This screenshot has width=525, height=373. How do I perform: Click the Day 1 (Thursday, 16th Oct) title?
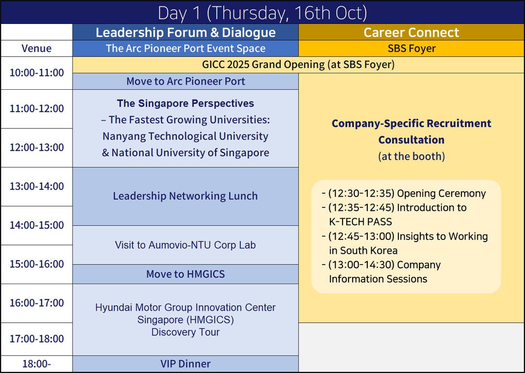coord(262,13)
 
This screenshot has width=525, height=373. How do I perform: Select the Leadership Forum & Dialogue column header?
coord(185,32)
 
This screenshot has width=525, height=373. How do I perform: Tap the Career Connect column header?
coord(411,32)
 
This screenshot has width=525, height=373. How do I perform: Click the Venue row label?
coord(37,48)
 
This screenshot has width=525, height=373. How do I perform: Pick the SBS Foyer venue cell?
coord(412,48)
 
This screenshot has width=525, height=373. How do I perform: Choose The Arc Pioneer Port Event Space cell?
coord(185,48)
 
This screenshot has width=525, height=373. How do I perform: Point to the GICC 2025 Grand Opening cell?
coord(298,65)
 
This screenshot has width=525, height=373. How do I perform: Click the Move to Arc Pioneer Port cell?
coord(185,81)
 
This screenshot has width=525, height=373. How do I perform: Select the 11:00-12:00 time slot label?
coord(37,108)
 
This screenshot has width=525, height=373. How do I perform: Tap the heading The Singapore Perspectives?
coord(185,103)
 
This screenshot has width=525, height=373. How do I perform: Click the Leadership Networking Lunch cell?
coord(185,196)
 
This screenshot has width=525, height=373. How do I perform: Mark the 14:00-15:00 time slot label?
coord(37,225)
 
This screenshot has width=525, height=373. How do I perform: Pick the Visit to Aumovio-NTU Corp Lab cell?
coord(185,245)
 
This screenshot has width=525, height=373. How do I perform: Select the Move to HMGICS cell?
coord(185,274)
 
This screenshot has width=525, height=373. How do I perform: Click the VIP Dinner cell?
coord(185,364)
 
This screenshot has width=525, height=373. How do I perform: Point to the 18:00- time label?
coord(37,364)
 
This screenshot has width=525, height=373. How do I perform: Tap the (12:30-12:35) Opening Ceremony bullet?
coord(404,193)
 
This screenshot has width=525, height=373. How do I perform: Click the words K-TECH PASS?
coord(360,222)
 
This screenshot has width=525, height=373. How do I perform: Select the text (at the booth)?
coord(412,156)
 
